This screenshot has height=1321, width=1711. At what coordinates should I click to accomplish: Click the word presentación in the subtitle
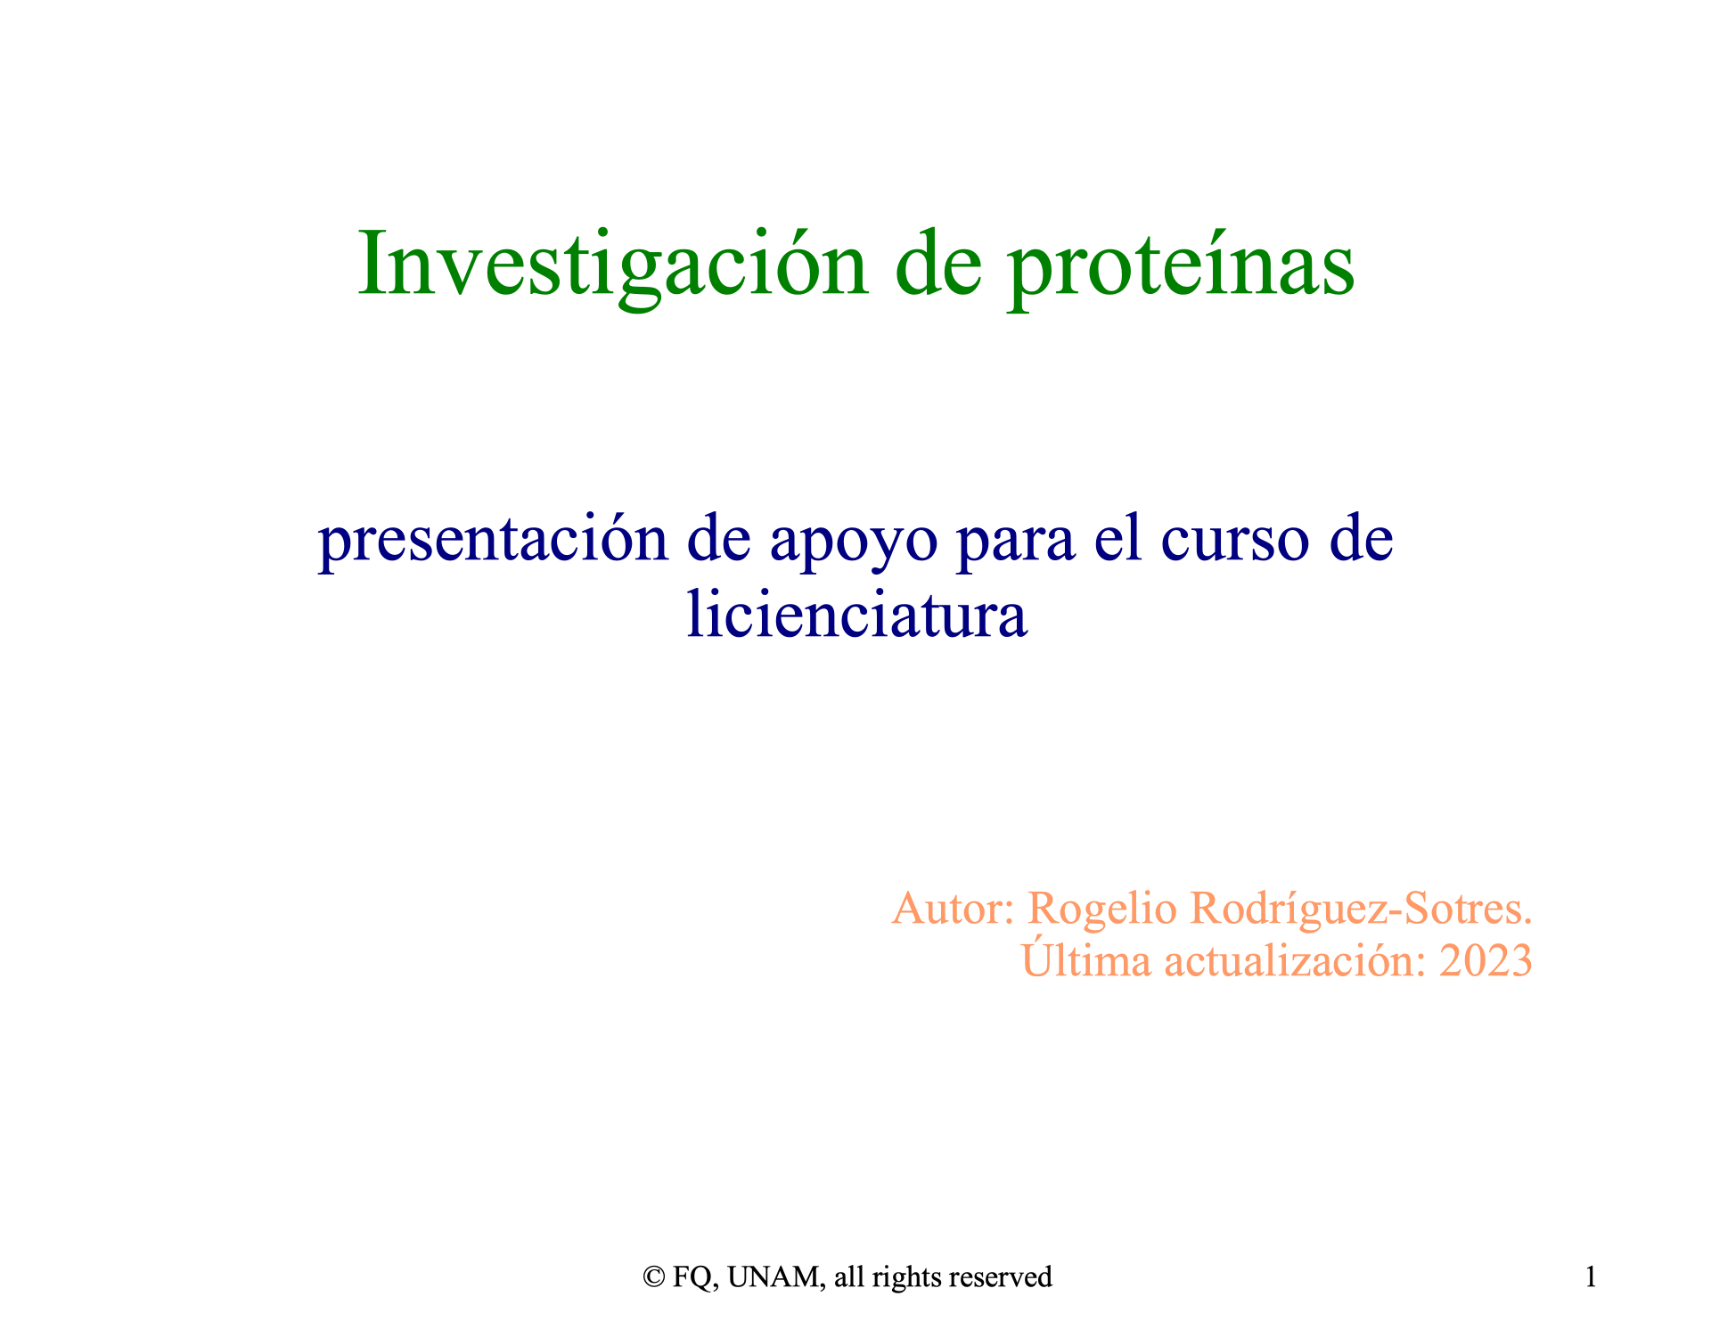tap(494, 542)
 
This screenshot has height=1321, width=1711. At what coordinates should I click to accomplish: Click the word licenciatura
tap(857, 614)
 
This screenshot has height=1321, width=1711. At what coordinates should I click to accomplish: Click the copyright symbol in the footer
tap(654, 1277)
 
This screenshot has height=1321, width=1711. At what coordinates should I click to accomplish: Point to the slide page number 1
tap(1591, 1277)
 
